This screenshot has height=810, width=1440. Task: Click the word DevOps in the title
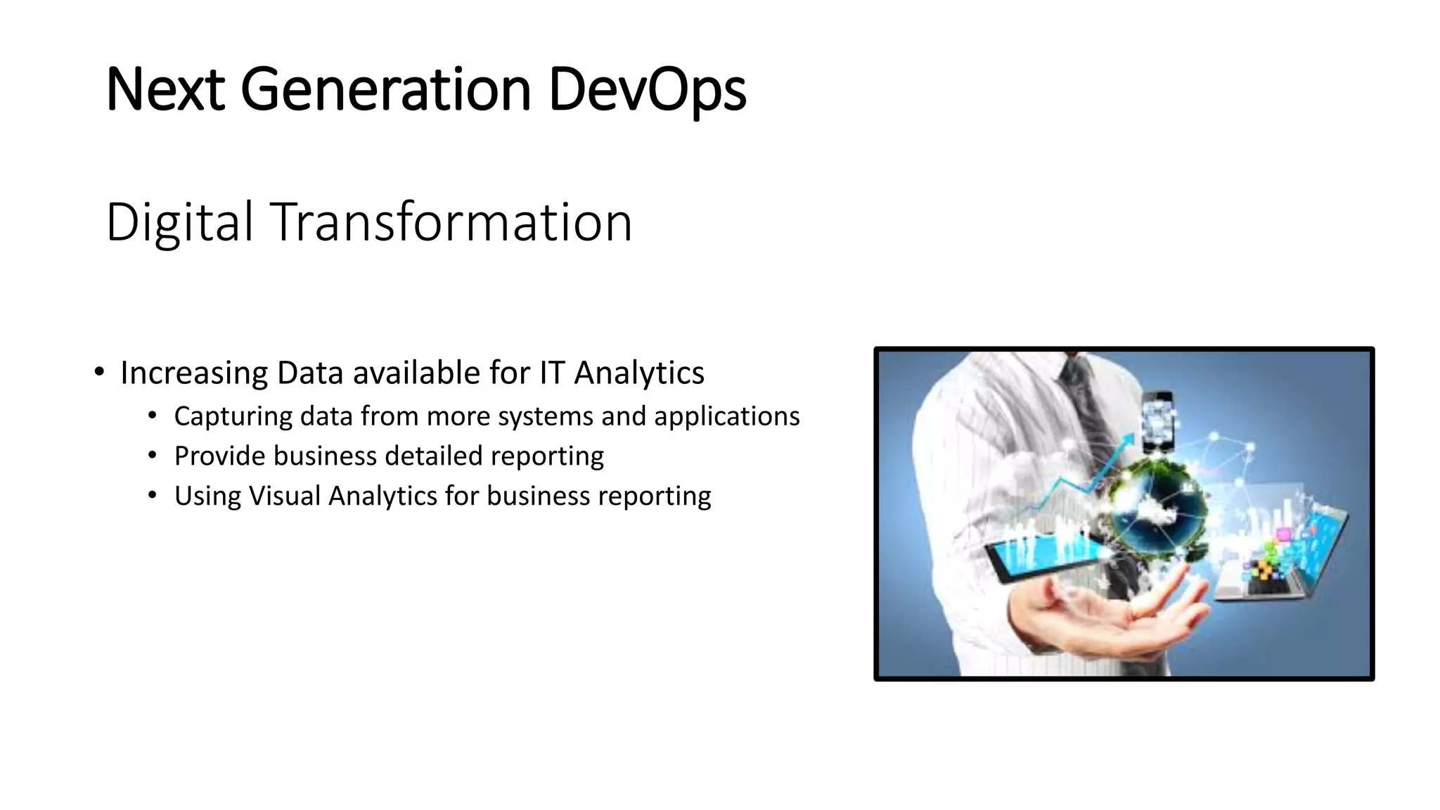646,90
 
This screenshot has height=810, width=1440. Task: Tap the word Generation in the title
385,90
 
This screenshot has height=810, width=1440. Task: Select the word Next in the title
165,90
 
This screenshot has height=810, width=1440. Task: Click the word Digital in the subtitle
179,222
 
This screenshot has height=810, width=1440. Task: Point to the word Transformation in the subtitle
451,222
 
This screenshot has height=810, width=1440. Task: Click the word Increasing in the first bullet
194,373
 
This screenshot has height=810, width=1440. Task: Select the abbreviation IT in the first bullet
552,373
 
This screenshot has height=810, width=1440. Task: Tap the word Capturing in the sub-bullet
233,416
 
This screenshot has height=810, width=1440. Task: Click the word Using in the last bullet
207,496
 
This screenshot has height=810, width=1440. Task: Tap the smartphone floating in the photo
1157,422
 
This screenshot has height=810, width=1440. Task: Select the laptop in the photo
1287,555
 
